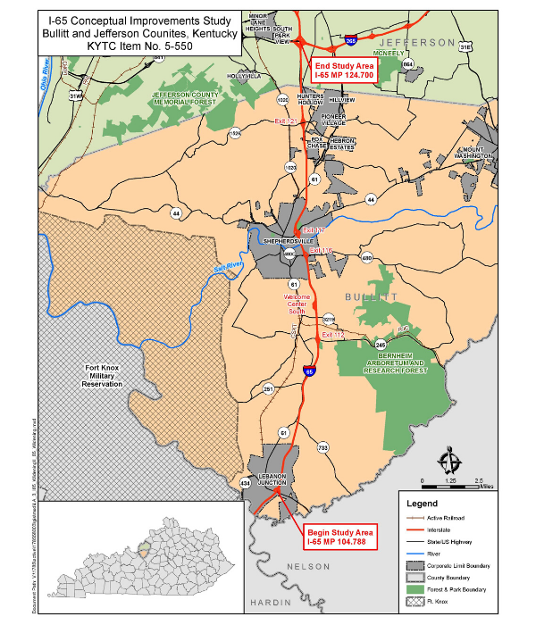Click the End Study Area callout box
pyautogui.click(x=344, y=71)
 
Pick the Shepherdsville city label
pyautogui.click(x=289, y=241)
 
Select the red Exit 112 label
pyautogui.click(x=332, y=335)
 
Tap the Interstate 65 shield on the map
pyautogui.click(x=309, y=371)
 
